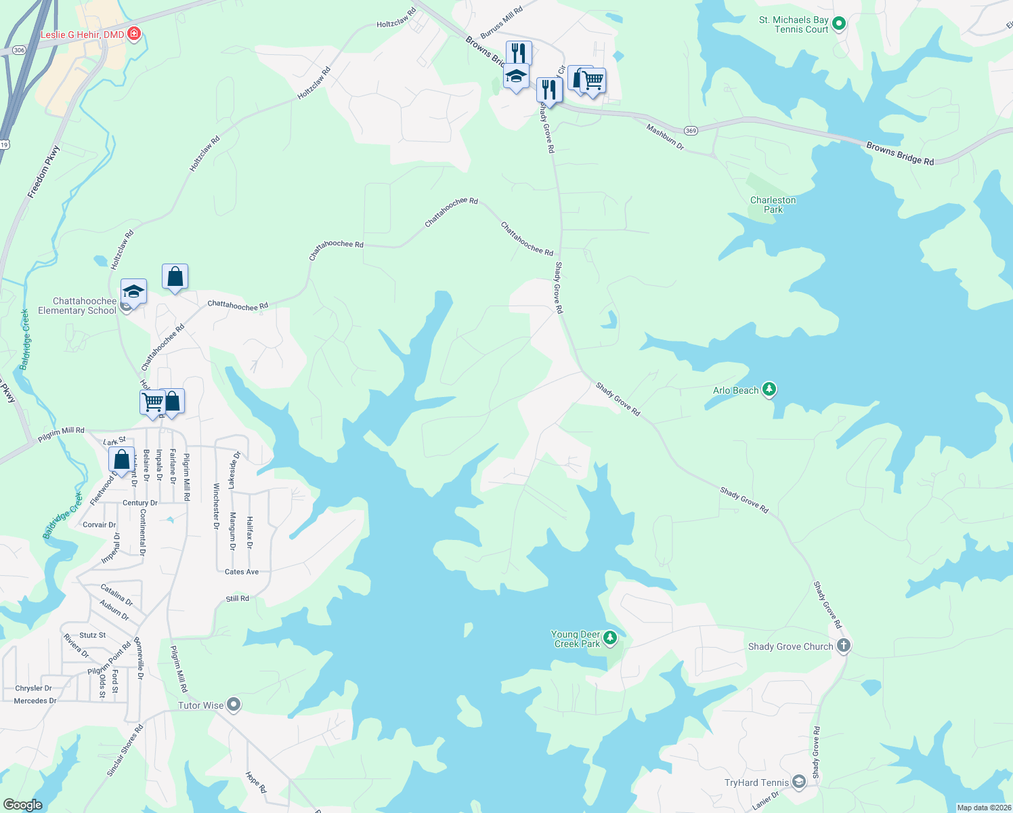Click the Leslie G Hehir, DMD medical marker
click(134, 33)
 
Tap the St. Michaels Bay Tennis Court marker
click(838, 24)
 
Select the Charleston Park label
click(773, 205)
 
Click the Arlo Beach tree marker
click(769, 389)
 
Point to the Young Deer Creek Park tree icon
click(610, 638)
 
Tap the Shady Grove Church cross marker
click(843, 645)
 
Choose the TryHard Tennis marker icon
click(799, 783)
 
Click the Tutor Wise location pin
click(234, 705)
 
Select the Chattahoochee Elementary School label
click(77, 306)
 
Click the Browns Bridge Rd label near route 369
click(900, 153)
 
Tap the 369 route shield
click(691, 130)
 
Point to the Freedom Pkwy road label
click(43, 173)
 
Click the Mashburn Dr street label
click(665, 137)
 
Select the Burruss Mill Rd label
click(501, 23)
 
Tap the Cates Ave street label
click(242, 572)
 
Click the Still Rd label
click(237, 599)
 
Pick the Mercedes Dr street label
click(35, 701)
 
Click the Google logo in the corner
click(22, 804)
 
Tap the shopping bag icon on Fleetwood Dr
click(121, 460)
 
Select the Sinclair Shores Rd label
click(125, 751)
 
